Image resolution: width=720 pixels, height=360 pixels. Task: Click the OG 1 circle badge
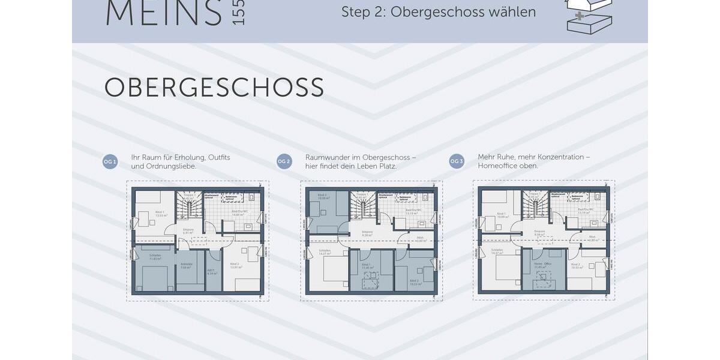pyautogui.click(x=110, y=161)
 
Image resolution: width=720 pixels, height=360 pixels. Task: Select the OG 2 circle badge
pyautogui.click(x=284, y=161)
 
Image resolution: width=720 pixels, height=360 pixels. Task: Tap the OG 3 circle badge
pyautogui.click(x=457, y=161)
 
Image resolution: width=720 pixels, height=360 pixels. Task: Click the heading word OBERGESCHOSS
pyautogui.click(x=214, y=88)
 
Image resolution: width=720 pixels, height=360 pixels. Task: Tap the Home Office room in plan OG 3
pyautogui.click(x=544, y=269)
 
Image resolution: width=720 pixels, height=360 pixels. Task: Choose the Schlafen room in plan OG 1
pyautogui.click(x=154, y=268)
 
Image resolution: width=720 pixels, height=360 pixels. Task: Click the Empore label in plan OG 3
pyautogui.click(x=539, y=231)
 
